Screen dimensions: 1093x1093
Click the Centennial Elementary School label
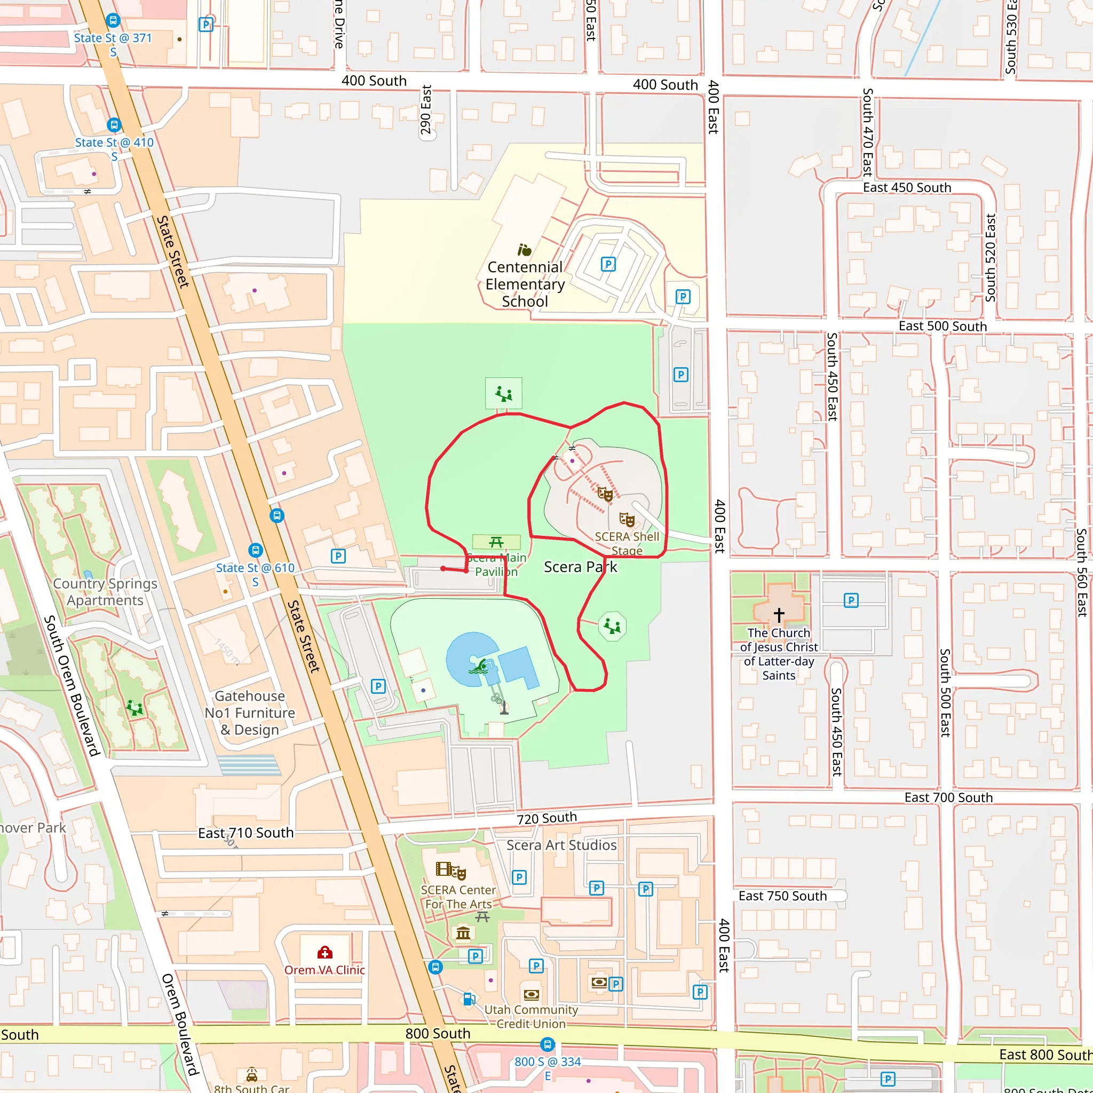(525, 284)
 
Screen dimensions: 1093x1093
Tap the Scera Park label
(580, 567)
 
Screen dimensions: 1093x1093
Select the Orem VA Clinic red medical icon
(324, 952)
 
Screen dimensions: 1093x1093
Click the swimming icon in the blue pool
(479, 667)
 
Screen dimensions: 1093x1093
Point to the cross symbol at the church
(779, 614)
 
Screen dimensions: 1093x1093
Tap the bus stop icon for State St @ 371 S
(113, 21)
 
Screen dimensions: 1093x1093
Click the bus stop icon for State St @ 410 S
(114, 125)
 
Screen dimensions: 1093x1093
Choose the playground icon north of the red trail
(503, 393)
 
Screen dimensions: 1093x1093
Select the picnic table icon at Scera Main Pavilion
(496, 542)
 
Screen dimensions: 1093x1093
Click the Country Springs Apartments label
(105, 592)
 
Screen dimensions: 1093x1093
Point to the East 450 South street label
(907, 187)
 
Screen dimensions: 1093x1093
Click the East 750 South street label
(782, 896)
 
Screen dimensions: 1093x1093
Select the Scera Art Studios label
(561, 845)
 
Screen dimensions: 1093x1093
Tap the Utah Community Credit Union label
(530, 1017)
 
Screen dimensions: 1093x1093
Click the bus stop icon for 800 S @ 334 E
(547, 1044)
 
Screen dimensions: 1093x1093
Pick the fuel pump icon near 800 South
(469, 999)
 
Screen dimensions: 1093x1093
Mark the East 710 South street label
(245, 833)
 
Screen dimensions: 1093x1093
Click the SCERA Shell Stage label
(627, 543)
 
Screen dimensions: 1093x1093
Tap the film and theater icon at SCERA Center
(450, 870)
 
